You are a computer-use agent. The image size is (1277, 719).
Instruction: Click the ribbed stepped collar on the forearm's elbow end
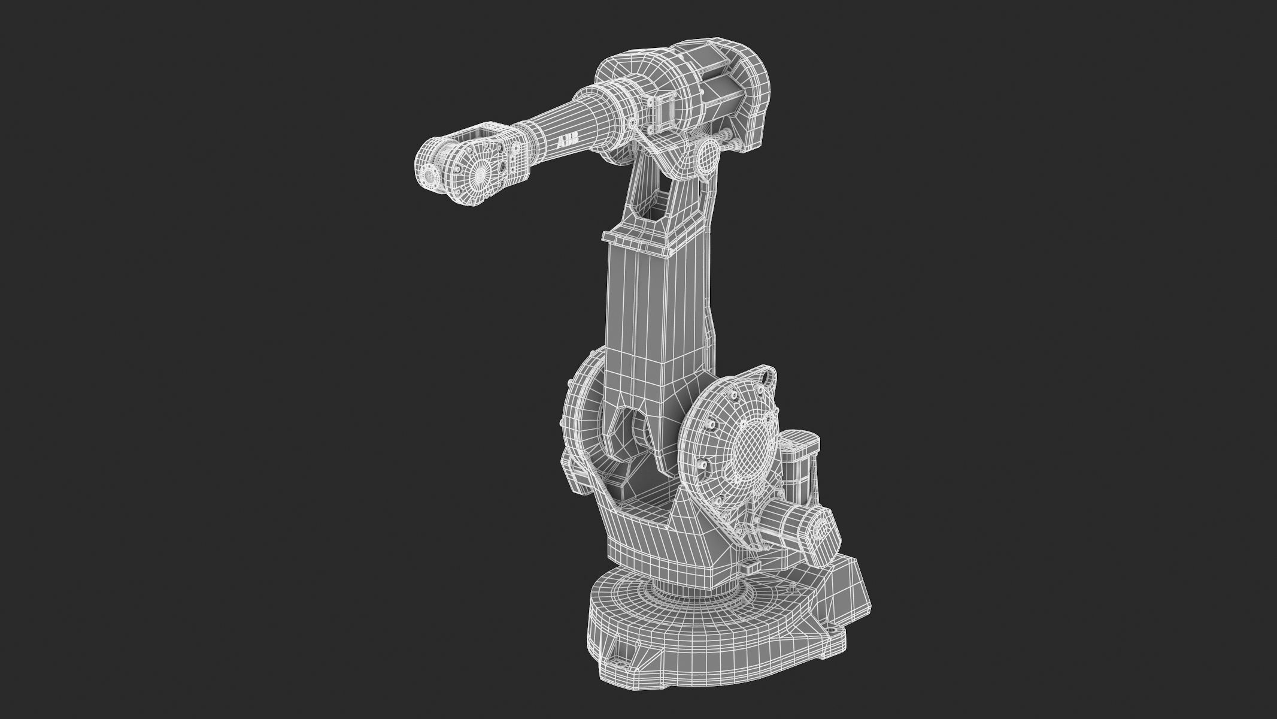(x=605, y=102)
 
